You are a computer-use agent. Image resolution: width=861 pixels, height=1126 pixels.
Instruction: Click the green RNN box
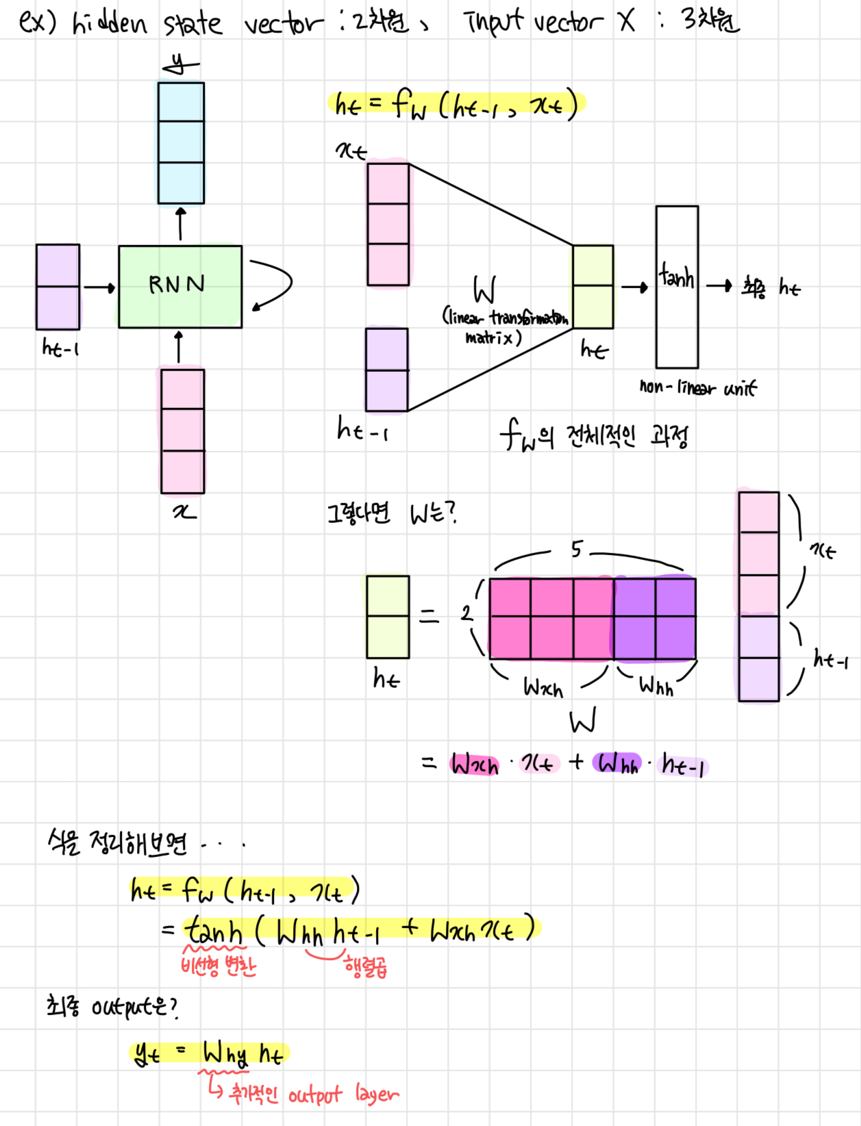pyautogui.click(x=180, y=286)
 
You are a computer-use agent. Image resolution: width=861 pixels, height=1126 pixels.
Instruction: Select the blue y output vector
pyautogui.click(x=181, y=142)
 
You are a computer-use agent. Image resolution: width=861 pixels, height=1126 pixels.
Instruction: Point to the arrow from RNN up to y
pyautogui.click(x=181, y=224)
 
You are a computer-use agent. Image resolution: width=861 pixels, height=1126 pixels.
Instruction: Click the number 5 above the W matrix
pyautogui.click(x=577, y=548)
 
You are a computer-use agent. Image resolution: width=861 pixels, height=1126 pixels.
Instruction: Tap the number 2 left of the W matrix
pyautogui.click(x=466, y=613)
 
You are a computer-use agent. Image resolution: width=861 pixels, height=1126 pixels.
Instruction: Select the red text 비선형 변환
pyautogui.click(x=218, y=966)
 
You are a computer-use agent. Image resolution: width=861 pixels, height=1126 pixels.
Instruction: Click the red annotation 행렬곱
pyautogui.click(x=366, y=967)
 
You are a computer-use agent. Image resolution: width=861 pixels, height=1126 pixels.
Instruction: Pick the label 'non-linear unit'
pyautogui.click(x=698, y=388)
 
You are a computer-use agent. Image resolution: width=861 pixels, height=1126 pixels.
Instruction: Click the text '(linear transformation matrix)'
pyautogui.click(x=505, y=327)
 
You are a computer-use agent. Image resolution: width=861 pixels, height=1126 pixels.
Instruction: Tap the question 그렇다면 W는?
pyautogui.click(x=391, y=513)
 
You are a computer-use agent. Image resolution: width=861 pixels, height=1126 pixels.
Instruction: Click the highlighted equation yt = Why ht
pyautogui.click(x=209, y=1053)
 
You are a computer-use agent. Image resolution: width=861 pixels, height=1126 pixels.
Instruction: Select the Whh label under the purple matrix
pyautogui.click(x=656, y=685)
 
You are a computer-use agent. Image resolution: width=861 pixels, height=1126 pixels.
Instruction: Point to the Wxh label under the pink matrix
pyautogui.click(x=542, y=687)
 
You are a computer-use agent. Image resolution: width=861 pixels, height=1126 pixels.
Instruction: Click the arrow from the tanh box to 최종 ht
pyautogui.click(x=719, y=285)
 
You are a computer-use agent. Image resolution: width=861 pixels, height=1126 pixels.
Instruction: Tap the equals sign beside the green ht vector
pyautogui.click(x=429, y=617)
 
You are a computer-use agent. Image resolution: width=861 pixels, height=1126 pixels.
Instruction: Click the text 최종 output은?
pyautogui.click(x=112, y=1006)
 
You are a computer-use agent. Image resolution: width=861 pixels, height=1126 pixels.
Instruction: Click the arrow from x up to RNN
pyautogui.click(x=179, y=348)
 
